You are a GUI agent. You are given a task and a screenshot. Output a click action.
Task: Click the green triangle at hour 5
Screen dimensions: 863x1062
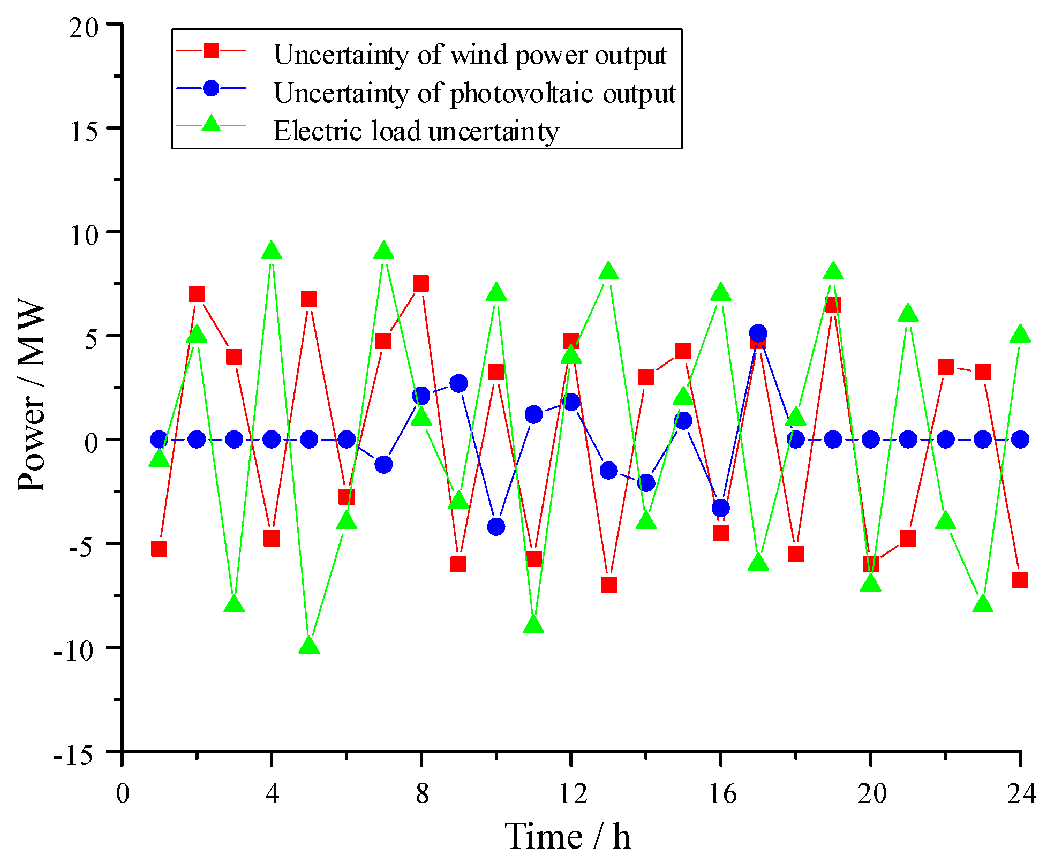309,645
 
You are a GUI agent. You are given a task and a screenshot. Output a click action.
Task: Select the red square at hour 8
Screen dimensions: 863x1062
421,284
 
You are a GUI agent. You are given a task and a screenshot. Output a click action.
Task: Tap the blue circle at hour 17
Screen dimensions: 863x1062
758,334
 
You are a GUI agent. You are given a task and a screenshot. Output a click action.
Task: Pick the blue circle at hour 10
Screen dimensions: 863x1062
496,527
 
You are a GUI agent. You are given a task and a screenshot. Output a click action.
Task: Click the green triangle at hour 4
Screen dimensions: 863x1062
272,251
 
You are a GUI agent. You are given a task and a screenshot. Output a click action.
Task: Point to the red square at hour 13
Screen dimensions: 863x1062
608,585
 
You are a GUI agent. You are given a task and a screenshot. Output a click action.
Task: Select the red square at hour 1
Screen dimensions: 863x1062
159,549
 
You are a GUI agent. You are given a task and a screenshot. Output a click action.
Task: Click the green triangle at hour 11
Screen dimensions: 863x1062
533,625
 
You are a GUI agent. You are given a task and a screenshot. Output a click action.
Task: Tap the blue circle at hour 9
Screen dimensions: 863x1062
458,383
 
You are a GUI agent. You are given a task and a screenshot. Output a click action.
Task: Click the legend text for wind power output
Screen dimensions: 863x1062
470,55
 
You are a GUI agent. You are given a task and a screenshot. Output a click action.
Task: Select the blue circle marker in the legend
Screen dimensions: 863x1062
211,88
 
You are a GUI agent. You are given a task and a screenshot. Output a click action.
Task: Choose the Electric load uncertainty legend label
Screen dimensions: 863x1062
416,131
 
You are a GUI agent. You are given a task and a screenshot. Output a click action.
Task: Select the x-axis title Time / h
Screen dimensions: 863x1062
567,837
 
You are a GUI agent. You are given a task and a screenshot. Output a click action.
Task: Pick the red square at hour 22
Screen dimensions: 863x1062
945,367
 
